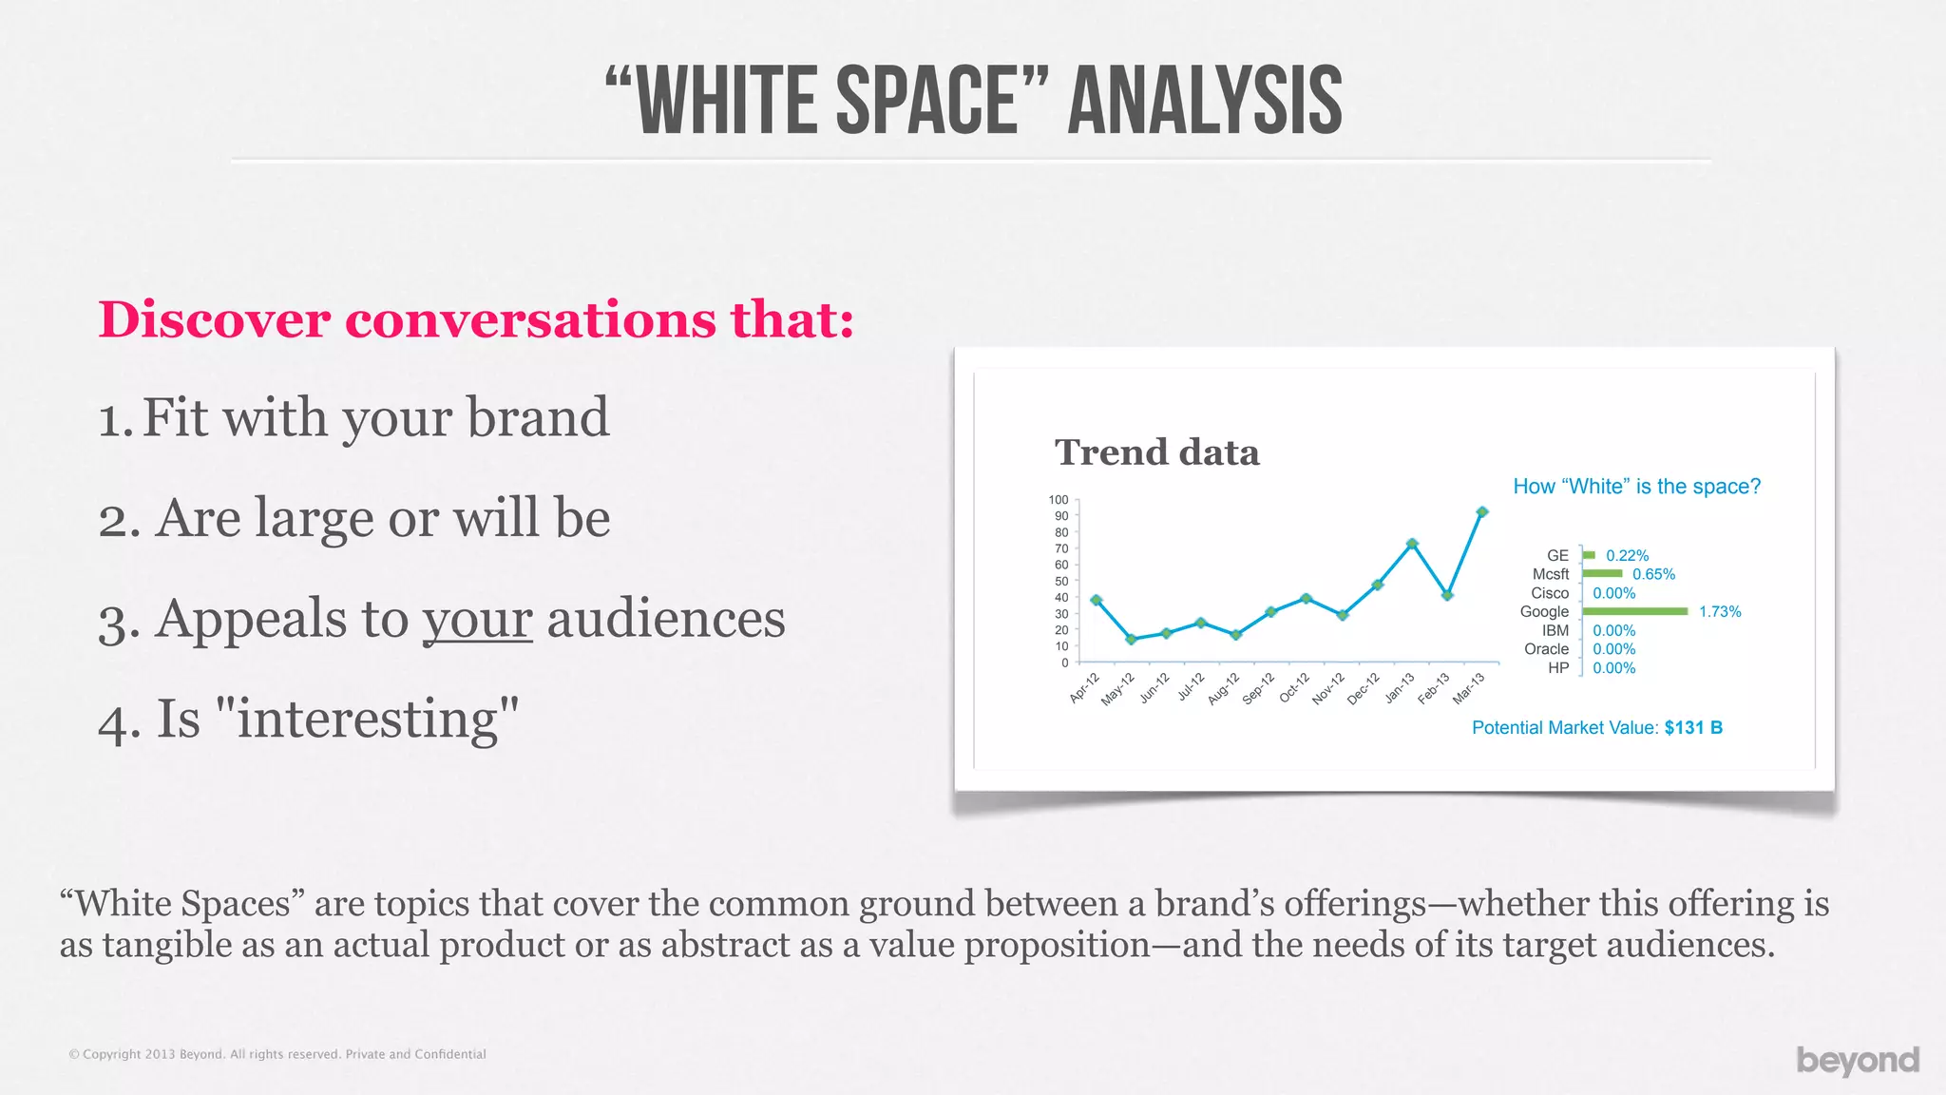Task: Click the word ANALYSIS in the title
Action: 1205,101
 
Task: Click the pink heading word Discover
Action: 214,319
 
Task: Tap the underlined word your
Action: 477,620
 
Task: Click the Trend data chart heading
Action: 1156,452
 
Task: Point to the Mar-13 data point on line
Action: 1481,512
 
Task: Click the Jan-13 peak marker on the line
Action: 1412,544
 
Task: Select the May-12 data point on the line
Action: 1131,640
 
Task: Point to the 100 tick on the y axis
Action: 1059,500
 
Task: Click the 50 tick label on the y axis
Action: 1061,581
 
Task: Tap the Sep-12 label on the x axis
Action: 1258,688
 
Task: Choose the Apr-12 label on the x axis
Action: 1084,687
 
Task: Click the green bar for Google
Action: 1634,611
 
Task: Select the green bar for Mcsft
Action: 1602,574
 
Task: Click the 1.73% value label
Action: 1720,612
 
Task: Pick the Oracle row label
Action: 1546,649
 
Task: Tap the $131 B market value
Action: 1693,728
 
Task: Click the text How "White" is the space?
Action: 1636,487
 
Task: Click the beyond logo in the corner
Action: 1858,1060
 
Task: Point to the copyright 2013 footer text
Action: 277,1054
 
